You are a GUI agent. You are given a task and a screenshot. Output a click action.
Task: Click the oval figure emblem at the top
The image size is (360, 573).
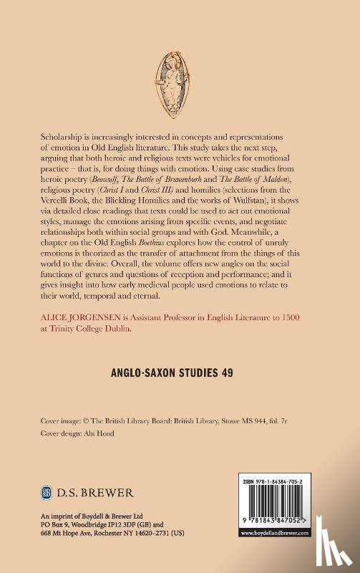click(180, 79)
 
